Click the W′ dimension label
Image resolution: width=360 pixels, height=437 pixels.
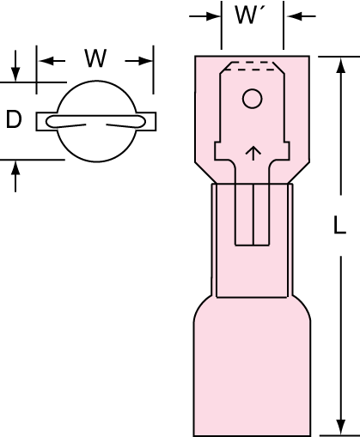tap(249, 15)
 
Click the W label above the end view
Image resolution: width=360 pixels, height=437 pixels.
tap(95, 58)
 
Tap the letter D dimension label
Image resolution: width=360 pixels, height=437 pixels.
tap(14, 119)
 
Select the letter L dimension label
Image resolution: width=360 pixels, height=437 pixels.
tap(339, 225)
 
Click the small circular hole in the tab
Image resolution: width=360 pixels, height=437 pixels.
tap(252, 99)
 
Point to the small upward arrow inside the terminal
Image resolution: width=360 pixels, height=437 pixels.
tap(253, 154)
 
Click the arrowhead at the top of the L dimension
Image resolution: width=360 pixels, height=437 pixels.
tap(340, 64)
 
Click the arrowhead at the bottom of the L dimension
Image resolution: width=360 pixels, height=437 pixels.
tap(340, 428)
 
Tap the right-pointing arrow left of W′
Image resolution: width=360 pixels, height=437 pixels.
tap(204, 16)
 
